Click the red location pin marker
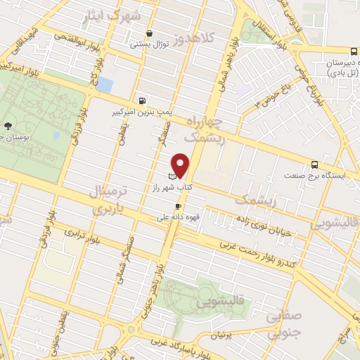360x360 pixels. tap(181, 165)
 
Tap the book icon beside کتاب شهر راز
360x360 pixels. tap(172, 176)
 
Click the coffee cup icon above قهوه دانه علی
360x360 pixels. tap(178, 206)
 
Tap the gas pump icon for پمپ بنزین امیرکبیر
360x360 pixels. tap(143, 101)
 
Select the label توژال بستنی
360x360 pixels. tap(149, 44)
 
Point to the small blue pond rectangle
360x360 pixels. tap(104, 85)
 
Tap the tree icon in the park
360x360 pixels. tap(8, 125)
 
